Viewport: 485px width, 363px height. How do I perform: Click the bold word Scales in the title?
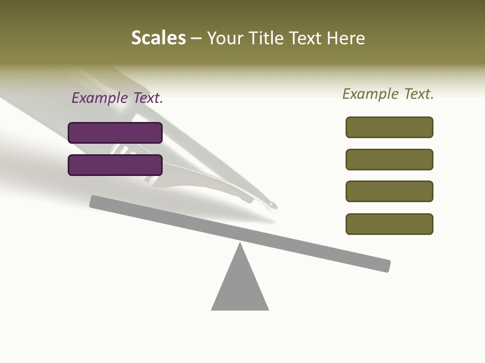158,38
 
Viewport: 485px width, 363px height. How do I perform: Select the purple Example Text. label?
117,98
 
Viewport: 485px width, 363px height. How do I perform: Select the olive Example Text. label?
388,94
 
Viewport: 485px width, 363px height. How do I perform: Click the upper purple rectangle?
115,133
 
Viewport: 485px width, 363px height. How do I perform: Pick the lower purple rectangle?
115,165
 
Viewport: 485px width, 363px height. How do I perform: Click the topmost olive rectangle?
390,127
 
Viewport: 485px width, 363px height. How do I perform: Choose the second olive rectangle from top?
390,159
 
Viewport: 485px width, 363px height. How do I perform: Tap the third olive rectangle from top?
390,191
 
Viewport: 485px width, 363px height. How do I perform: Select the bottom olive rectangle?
390,224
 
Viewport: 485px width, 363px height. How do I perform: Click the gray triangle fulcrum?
240,287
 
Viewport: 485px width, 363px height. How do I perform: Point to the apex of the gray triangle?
240,244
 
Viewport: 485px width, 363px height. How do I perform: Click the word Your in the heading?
224,38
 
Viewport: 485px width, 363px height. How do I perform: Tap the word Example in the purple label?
99,98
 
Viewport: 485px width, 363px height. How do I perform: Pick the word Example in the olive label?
370,94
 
